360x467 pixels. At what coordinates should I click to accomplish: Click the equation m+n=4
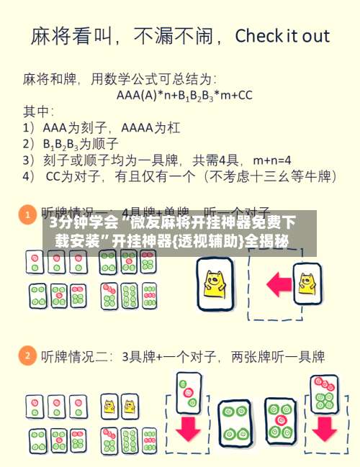pyautogui.click(x=272, y=159)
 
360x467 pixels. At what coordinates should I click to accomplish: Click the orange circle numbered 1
pyautogui.click(x=28, y=215)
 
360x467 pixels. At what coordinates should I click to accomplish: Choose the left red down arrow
pyautogui.click(x=189, y=427)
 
